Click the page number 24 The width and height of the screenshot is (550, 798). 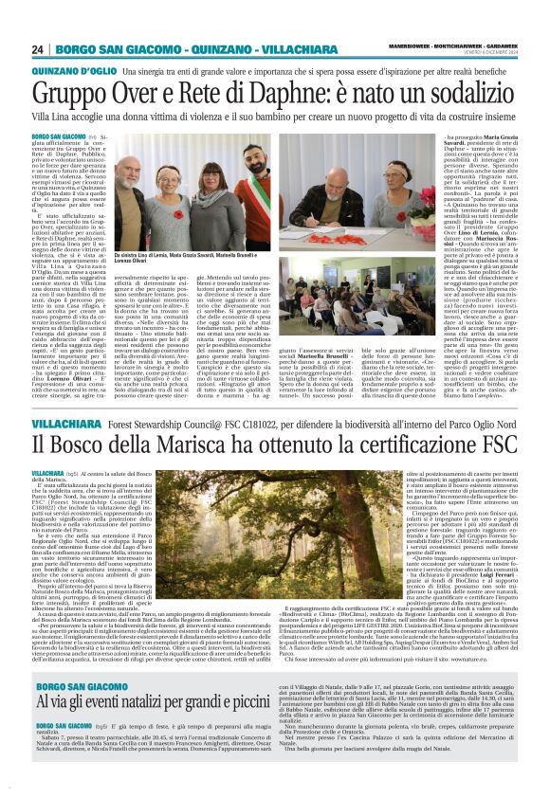(37, 49)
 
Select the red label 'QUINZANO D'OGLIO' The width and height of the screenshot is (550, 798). (64, 71)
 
